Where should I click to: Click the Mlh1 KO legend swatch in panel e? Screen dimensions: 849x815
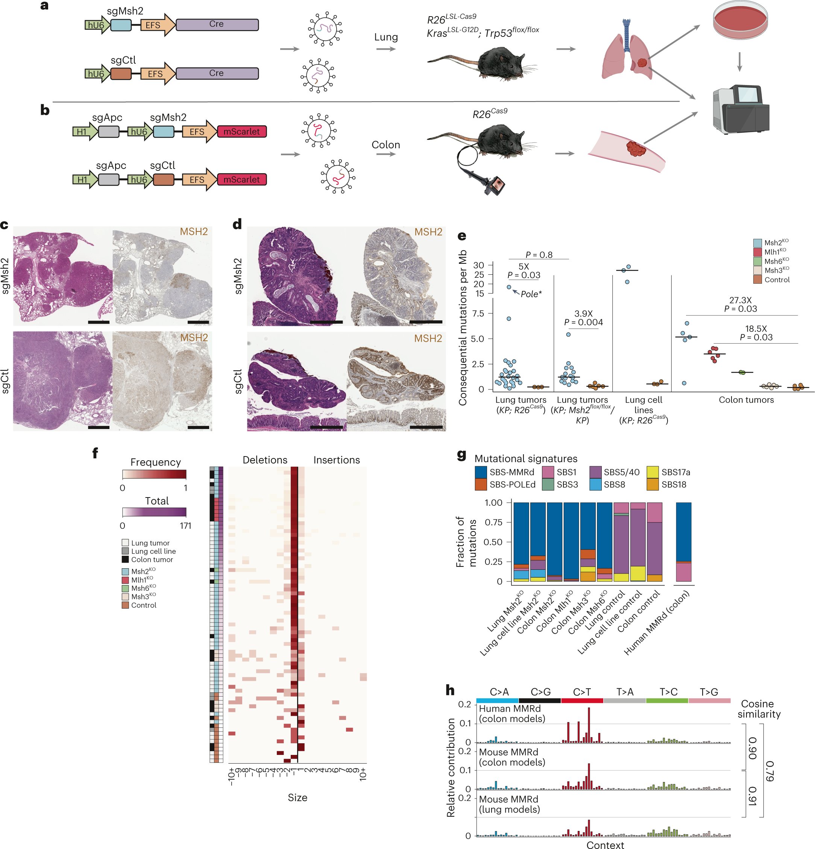[x=757, y=252]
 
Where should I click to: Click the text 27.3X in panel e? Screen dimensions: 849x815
[x=740, y=300]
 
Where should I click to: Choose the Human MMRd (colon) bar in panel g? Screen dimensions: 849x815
[x=683, y=542]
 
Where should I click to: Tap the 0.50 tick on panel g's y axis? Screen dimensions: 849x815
[x=493, y=542]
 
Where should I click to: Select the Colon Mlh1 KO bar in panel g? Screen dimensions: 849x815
[x=571, y=542]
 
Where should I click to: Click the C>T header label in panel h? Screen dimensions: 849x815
[x=582, y=692]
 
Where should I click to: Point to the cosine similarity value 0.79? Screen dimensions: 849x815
[x=770, y=771]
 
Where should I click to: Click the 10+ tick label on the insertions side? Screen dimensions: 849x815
[x=363, y=774]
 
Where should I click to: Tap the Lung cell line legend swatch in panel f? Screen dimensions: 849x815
[x=125, y=551]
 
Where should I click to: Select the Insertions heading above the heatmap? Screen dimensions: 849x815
[x=336, y=460]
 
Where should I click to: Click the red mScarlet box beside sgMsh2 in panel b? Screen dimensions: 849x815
[x=241, y=132]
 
